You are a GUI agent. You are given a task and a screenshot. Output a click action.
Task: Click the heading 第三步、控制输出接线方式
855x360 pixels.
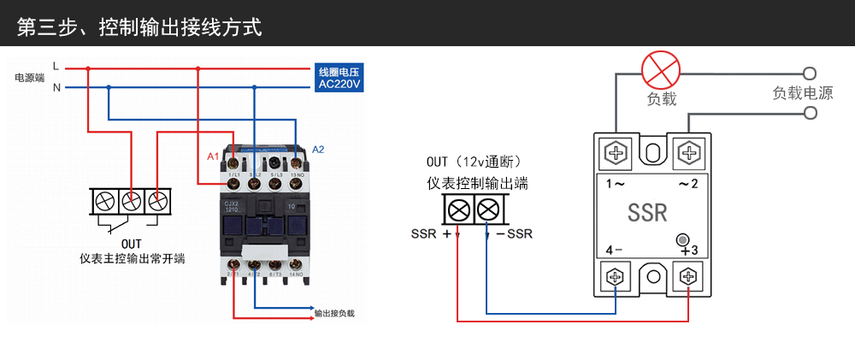(x=139, y=27)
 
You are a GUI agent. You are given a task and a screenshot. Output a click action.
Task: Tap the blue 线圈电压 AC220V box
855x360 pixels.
(x=339, y=78)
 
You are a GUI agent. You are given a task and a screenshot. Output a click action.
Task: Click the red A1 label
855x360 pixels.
(x=214, y=156)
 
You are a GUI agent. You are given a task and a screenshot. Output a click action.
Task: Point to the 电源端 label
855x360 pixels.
(x=30, y=77)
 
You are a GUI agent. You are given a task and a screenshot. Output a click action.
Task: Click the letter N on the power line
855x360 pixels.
(x=56, y=87)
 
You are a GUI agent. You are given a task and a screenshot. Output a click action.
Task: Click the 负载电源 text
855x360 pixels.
(x=802, y=93)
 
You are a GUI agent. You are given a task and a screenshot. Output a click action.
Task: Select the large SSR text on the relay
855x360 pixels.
(x=647, y=212)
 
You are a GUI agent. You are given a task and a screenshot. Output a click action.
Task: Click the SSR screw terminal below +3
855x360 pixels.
(x=688, y=276)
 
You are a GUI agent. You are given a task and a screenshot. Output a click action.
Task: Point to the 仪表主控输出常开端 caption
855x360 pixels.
(x=131, y=258)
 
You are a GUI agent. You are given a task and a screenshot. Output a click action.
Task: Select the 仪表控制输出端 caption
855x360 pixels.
(x=478, y=183)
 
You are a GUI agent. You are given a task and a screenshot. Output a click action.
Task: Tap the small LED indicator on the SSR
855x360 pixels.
(x=682, y=240)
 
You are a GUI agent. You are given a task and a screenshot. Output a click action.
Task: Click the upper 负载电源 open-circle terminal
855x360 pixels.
(x=810, y=74)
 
